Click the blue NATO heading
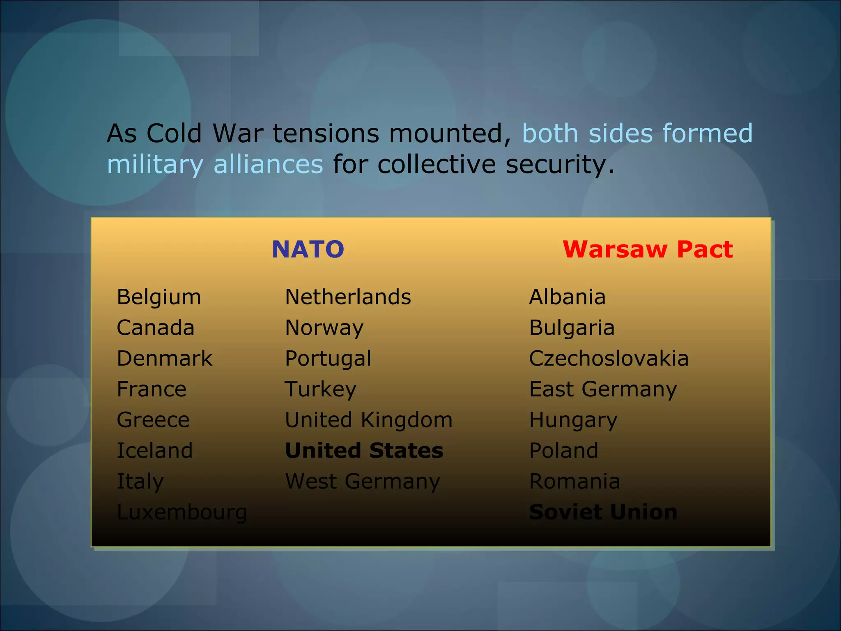click(308, 249)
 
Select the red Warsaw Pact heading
click(648, 249)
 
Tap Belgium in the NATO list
click(159, 297)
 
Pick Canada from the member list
click(156, 327)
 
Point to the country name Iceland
click(155, 450)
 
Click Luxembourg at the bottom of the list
click(182, 512)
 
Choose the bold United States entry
click(364, 450)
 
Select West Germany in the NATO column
click(363, 481)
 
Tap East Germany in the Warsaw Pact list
click(603, 389)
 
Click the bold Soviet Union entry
click(603, 512)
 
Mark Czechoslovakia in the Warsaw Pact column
click(609, 358)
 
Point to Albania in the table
click(567, 297)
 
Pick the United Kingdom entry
click(369, 420)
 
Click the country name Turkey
click(321, 389)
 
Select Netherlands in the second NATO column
click(348, 297)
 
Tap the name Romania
click(574, 481)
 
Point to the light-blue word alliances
click(269, 164)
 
